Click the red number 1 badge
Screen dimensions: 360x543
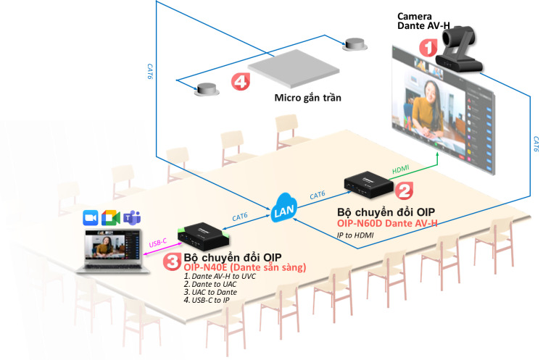(428, 49)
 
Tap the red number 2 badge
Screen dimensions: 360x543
(404, 190)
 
